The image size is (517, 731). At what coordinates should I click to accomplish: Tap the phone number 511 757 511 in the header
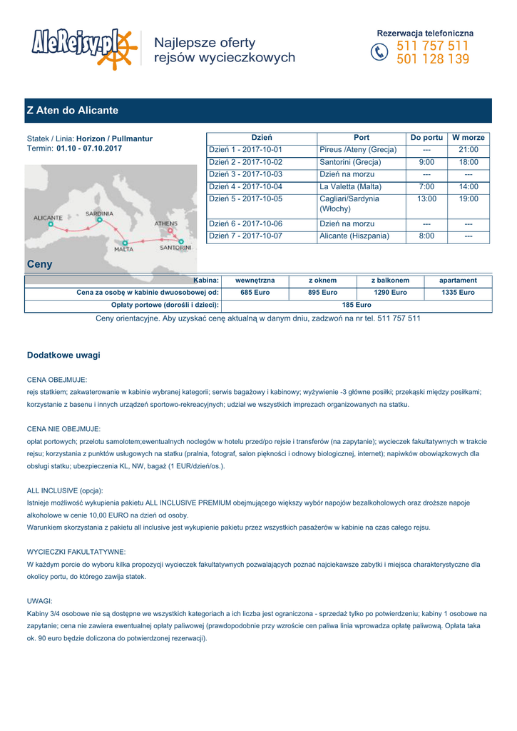click(x=433, y=46)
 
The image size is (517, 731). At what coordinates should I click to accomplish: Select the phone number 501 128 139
click(x=433, y=60)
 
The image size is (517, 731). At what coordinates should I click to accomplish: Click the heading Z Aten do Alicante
click(x=72, y=111)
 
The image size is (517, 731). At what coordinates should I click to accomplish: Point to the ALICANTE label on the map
click(x=48, y=217)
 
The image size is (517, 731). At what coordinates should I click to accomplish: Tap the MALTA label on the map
click(x=123, y=250)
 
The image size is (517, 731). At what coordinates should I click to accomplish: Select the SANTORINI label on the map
click(x=175, y=248)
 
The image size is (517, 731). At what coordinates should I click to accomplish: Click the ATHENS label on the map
click(x=166, y=223)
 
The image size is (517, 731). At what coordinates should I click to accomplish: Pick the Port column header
click(x=362, y=138)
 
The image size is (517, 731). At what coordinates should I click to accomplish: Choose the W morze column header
click(x=468, y=138)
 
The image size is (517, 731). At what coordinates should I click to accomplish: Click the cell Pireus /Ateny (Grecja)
click(x=358, y=150)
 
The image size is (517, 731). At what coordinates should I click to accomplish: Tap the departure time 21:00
click(x=468, y=150)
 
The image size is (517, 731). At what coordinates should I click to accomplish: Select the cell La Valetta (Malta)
click(x=350, y=186)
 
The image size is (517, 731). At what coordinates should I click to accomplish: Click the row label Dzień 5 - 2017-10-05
click(x=245, y=198)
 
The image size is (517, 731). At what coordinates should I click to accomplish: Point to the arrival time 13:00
click(x=426, y=198)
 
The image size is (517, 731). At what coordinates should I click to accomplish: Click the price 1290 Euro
click(x=390, y=293)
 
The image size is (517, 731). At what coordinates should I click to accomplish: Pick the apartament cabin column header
click(x=458, y=281)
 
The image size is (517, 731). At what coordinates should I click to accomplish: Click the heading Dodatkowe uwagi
click(x=63, y=355)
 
